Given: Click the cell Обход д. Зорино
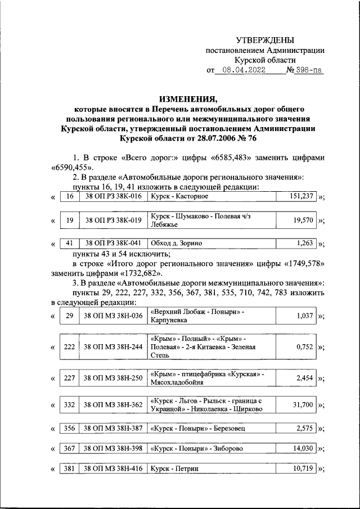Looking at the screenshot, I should (175, 244).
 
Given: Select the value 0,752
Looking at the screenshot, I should (304, 347).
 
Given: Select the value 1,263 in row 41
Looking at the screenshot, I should (304, 244).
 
